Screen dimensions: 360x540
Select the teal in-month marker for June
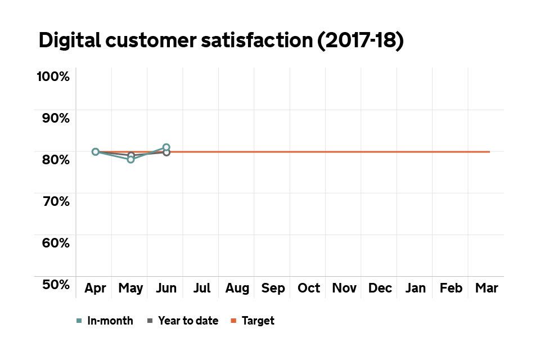click(166, 147)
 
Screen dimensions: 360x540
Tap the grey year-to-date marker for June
click(166, 152)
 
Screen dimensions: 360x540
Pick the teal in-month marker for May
click(131, 160)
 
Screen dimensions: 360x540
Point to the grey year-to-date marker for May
click(131, 155)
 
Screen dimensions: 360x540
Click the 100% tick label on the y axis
click(53, 76)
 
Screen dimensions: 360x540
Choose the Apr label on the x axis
click(96, 289)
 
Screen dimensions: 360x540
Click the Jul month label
click(202, 289)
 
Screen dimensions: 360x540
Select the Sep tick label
click(273, 289)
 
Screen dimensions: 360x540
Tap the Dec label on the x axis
click(380, 289)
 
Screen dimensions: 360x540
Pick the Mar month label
click(487, 289)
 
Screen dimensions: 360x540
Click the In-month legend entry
click(110, 321)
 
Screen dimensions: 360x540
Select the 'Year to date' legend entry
click(188, 321)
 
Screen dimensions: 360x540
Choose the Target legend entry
click(258, 321)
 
